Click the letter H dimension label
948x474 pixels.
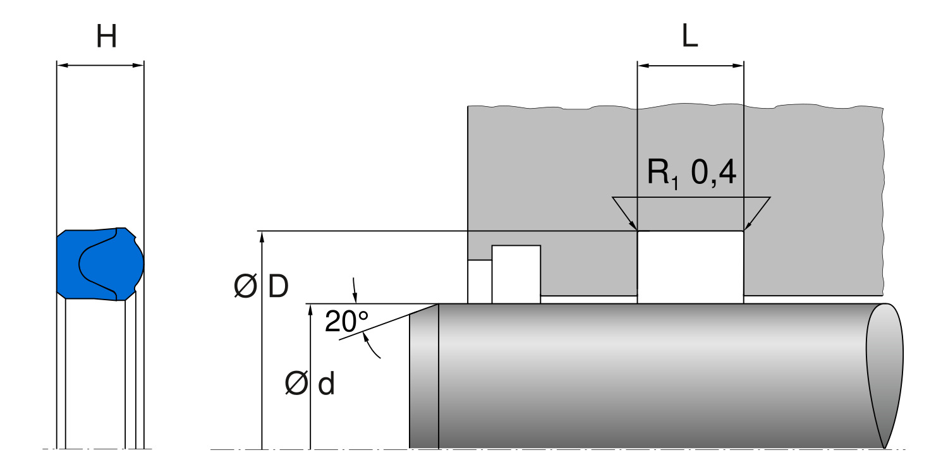(x=106, y=38)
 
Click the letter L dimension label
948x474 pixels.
(x=690, y=38)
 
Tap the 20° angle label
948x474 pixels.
(x=346, y=322)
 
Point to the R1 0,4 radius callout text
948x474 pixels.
(x=691, y=173)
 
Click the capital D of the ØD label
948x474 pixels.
(x=278, y=287)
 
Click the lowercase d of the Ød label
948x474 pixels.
(x=326, y=384)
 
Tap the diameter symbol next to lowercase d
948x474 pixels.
(x=295, y=384)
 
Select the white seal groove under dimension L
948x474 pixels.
(x=690, y=267)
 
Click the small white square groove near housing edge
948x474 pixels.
(x=516, y=274)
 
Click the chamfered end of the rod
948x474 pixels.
(x=423, y=379)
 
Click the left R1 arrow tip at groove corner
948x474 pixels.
(x=636, y=229)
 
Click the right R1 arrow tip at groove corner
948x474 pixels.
(x=746, y=229)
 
